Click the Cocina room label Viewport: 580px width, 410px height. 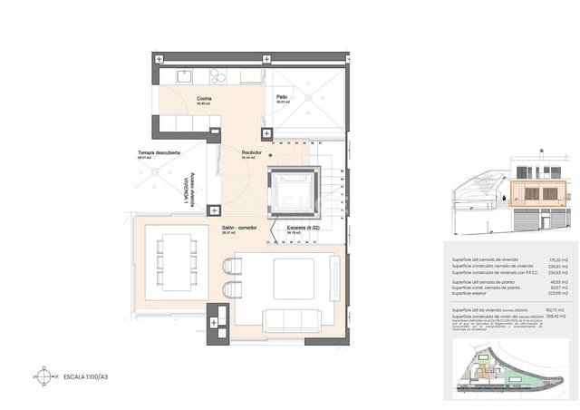pos(204,98)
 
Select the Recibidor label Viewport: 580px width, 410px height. pos(251,152)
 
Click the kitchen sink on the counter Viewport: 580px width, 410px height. pos(185,75)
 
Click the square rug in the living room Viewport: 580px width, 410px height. pos(294,279)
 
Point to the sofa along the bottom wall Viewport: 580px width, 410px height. pos(291,321)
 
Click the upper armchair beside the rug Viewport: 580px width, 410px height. pos(232,266)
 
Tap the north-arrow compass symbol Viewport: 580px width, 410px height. pos(41,374)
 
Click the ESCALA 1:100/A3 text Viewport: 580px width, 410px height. pos(85,375)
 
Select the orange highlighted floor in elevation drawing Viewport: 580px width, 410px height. pos(536,193)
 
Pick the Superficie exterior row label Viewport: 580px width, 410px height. pos(474,293)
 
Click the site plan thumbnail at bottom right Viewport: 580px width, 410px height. pos(507,374)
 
